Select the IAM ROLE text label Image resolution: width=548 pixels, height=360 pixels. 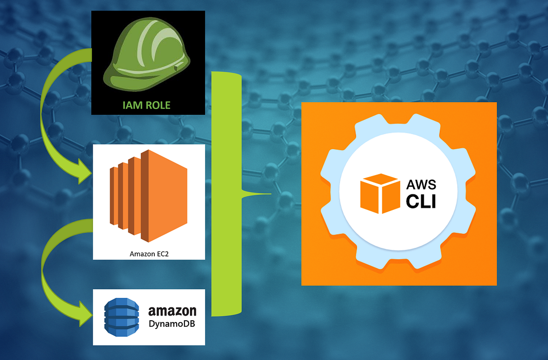pyautogui.click(x=146, y=105)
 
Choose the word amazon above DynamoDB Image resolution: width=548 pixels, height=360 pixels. pyautogui.click(x=172, y=311)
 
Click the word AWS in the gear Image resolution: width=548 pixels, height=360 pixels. pyautogui.click(x=421, y=185)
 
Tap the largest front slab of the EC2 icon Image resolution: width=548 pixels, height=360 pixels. pyautogui.click(x=164, y=196)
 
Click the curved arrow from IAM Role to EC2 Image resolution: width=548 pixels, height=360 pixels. pyautogui.click(x=48, y=114)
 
